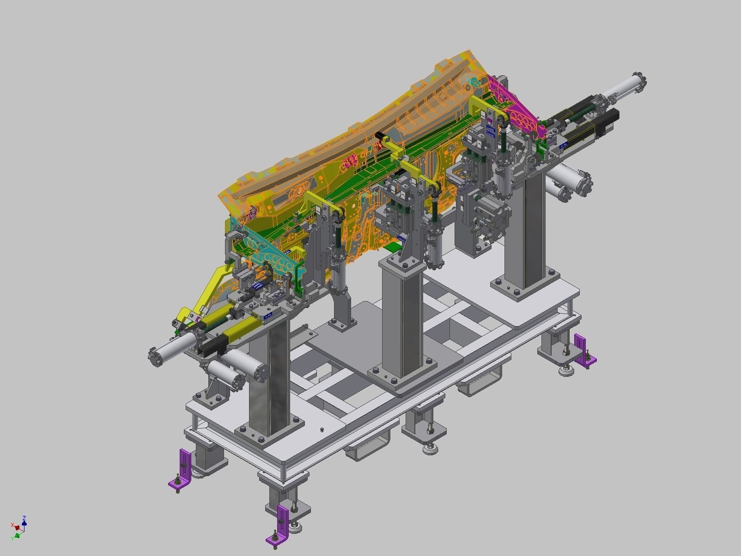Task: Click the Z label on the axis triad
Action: [x=24, y=518]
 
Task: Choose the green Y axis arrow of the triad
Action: [x=18, y=535]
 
